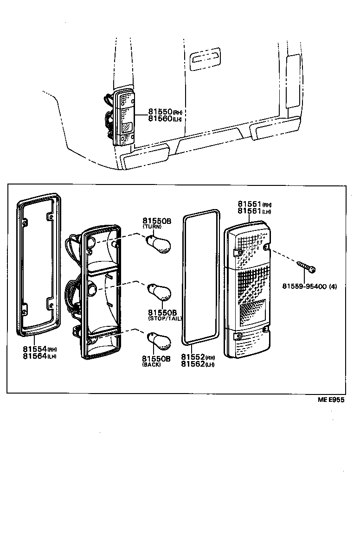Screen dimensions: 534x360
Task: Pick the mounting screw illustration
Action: [x=306, y=267]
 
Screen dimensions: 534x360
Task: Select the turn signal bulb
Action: [x=158, y=242]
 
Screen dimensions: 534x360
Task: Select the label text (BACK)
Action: [x=151, y=365]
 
